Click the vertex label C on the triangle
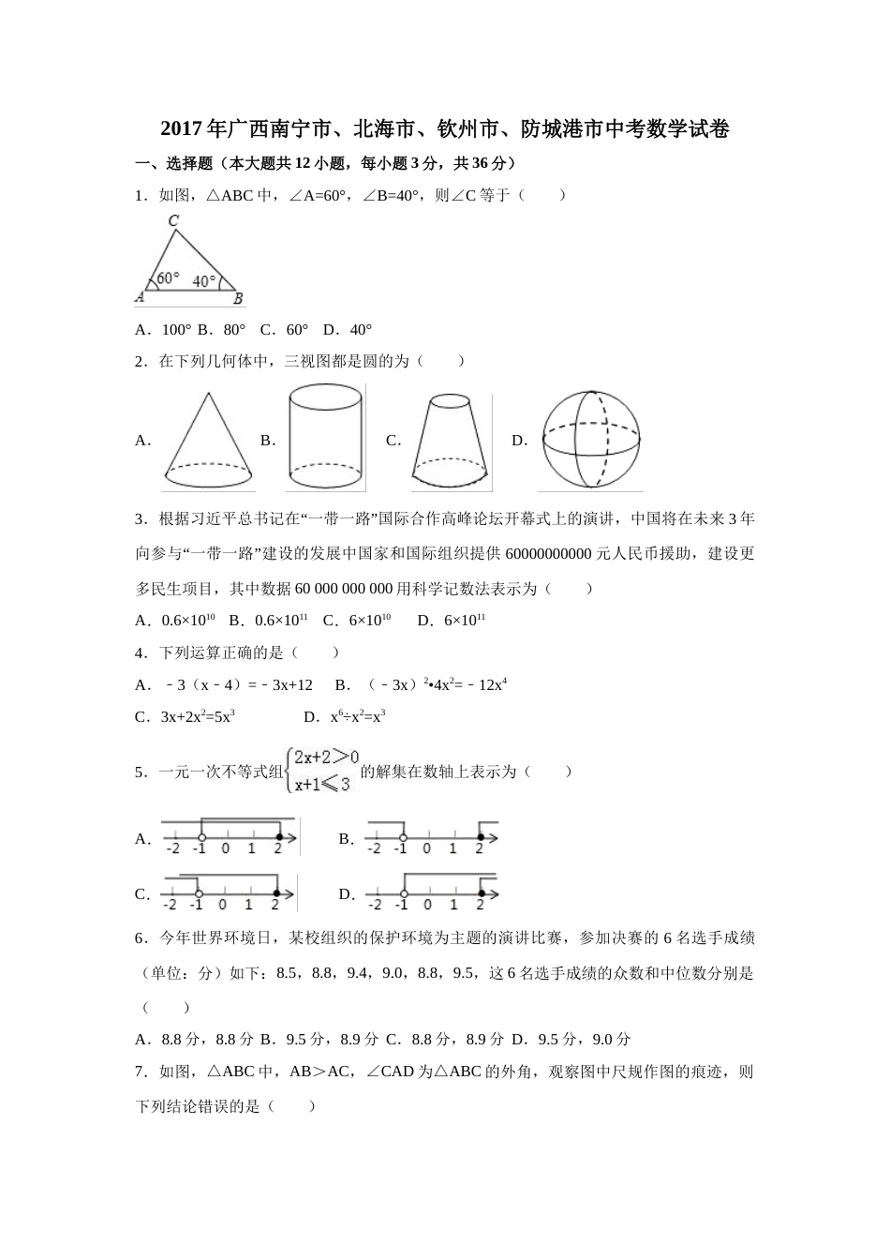point(173,221)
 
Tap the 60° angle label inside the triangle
point(168,278)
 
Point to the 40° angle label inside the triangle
point(204,280)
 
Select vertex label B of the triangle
point(238,299)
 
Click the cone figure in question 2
point(207,441)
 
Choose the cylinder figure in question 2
point(324,438)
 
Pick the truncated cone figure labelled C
point(451,441)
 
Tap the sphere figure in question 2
point(591,440)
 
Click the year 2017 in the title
point(182,129)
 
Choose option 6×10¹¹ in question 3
point(465,621)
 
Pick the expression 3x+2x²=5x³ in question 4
point(198,717)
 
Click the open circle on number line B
point(403,837)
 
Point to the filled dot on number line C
point(276,892)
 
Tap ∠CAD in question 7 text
point(390,1072)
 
